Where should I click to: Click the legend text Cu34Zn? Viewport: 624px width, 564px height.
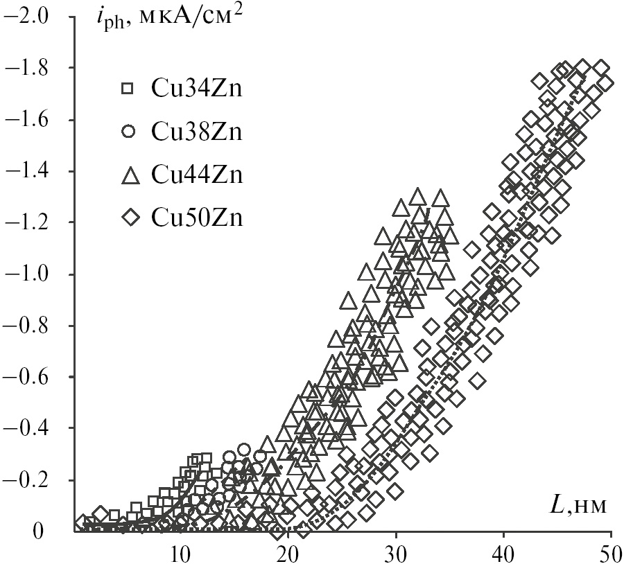click(x=196, y=89)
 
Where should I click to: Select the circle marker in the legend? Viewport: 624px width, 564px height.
click(x=128, y=132)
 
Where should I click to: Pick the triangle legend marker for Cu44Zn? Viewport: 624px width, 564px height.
click(x=128, y=175)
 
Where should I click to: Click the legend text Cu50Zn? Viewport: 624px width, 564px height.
click(x=196, y=218)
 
